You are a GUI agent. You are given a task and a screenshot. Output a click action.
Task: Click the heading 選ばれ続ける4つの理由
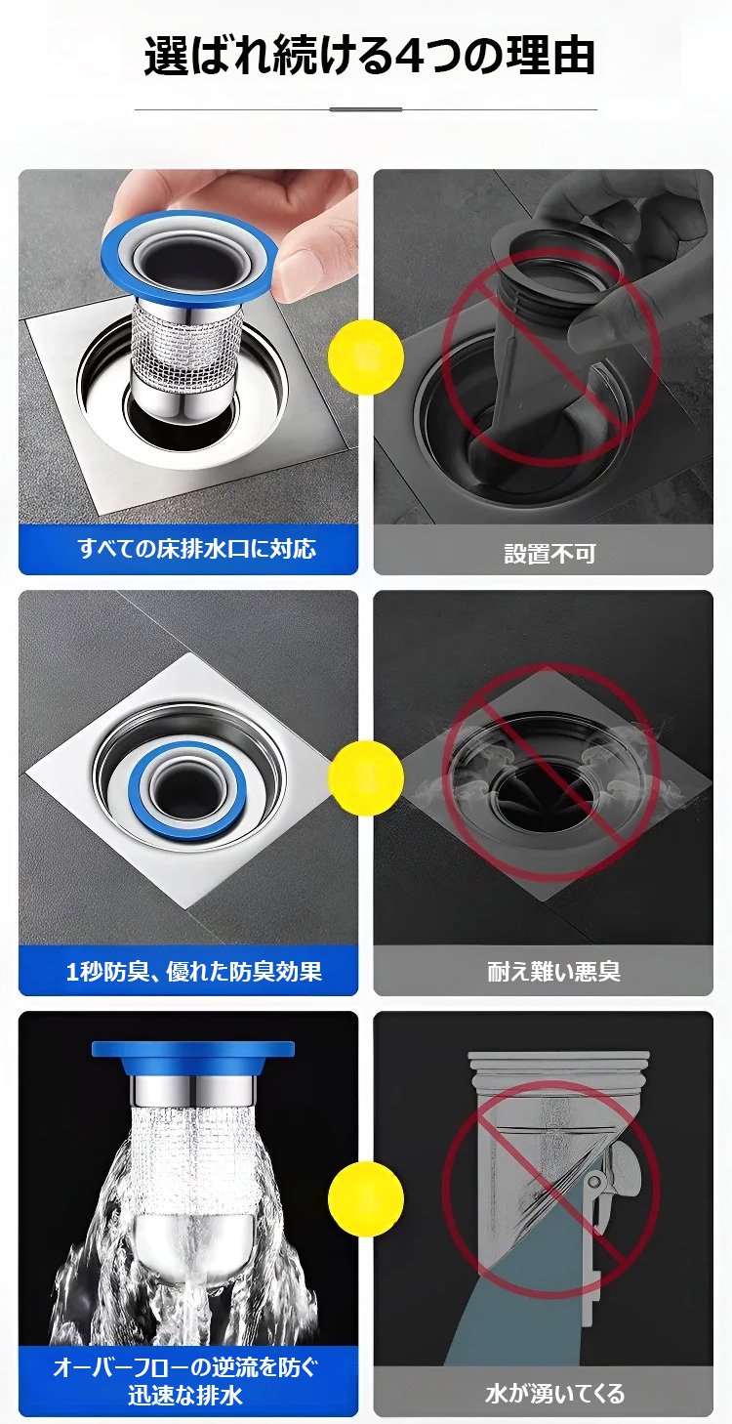click(369, 57)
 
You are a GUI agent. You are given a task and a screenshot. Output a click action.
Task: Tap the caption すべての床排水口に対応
click(196, 548)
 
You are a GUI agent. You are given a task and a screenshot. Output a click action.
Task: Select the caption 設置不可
click(549, 553)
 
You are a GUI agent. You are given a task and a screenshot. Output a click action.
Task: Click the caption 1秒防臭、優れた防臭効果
click(194, 971)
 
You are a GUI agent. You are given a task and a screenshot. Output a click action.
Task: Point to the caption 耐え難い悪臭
click(553, 971)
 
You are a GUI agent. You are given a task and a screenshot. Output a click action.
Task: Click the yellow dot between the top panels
click(365, 356)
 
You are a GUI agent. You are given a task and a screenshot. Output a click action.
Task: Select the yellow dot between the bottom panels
click(365, 1199)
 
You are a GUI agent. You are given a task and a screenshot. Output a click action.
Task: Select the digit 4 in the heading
click(413, 58)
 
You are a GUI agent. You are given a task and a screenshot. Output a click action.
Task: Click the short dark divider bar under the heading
click(365, 109)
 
